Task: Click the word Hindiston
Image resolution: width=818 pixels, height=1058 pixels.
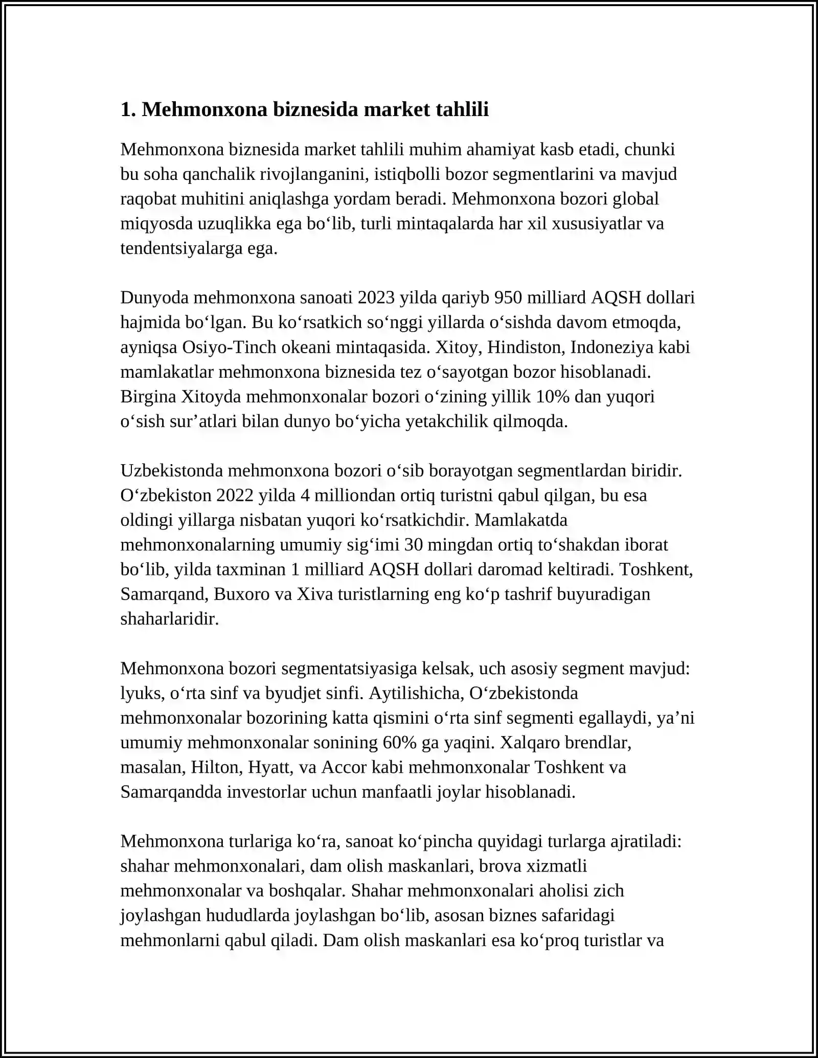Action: [526, 348]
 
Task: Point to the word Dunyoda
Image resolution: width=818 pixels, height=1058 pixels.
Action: [154, 297]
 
